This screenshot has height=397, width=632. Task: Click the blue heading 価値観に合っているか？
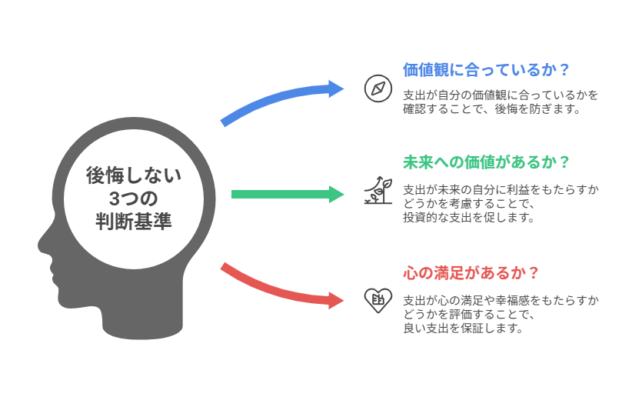tap(486, 70)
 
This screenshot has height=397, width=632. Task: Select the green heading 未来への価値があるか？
tap(486, 162)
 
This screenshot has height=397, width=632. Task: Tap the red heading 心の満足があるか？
tap(471, 273)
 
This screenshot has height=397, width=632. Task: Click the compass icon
tap(378, 88)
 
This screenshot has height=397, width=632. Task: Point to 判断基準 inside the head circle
tap(134, 222)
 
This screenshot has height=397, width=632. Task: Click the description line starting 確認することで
tap(491, 109)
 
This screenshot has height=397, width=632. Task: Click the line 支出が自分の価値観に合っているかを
tap(501, 95)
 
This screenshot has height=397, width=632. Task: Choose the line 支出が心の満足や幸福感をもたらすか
tap(501, 300)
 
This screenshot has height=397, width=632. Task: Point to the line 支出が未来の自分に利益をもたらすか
tap(501, 189)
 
